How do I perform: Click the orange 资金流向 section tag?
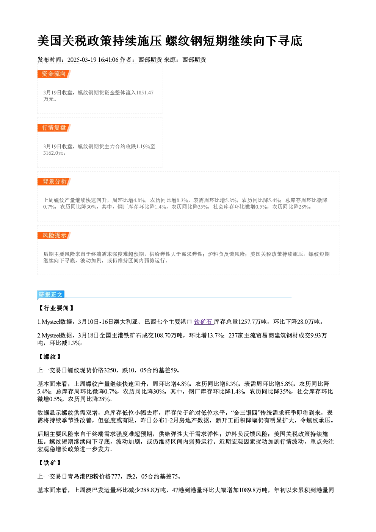click(x=54, y=74)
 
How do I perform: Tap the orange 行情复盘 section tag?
click(x=54, y=128)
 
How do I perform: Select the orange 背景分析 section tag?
click(x=54, y=182)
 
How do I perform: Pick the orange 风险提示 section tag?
click(x=54, y=235)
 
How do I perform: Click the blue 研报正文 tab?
click(x=51, y=295)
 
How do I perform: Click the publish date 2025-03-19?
click(x=82, y=60)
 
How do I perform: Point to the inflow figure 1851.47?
click(x=145, y=93)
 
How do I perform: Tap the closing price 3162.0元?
click(x=54, y=153)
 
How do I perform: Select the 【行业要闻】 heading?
click(x=56, y=308)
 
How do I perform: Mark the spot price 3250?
click(x=110, y=370)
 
